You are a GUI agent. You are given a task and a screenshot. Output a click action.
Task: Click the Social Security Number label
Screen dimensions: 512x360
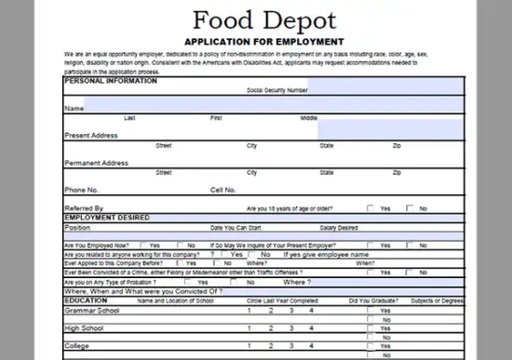click(x=276, y=91)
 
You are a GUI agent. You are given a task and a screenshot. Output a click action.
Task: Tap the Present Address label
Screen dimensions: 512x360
click(x=90, y=136)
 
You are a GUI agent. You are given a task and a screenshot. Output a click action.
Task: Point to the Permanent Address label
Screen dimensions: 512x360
click(x=96, y=163)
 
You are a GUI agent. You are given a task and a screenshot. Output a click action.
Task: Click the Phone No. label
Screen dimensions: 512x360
click(x=81, y=190)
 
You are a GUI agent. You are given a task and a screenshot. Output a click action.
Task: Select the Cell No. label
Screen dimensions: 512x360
click(x=223, y=190)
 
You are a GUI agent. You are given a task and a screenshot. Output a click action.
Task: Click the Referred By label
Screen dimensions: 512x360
click(x=84, y=208)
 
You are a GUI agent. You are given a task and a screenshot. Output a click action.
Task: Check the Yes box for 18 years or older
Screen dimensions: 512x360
click(x=371, y=208)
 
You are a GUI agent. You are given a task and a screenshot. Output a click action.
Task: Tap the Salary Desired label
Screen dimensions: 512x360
click(x=339, y=227)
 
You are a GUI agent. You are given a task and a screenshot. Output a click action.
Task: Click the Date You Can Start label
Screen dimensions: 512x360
click(x=236, y=227)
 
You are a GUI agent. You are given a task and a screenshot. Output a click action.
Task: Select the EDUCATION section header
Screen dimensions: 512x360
click(x=86, y=300)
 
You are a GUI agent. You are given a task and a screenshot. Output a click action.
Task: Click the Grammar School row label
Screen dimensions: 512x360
click(x=91, y=310)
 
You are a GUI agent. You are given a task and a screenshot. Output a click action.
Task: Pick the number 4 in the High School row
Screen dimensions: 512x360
click(x=311, y=327)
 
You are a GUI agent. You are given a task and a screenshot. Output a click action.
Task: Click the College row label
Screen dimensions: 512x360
click(x=76, y=346)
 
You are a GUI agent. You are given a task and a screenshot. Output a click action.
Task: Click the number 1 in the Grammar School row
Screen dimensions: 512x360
click(x=248, y=310)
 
